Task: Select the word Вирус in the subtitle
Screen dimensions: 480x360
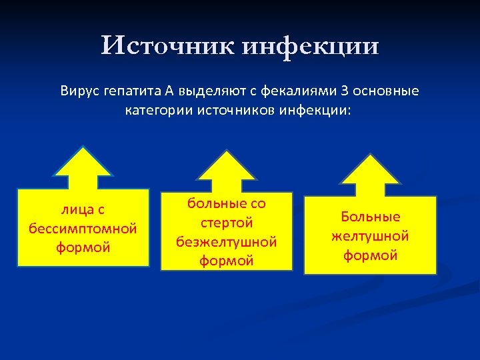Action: pos(80,91)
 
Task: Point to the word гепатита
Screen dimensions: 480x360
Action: pos(129,91)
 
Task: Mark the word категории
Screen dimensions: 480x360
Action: pos(158,109)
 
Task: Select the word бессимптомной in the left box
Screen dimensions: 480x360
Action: pos(83,229)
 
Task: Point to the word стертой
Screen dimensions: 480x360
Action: pos(227,223)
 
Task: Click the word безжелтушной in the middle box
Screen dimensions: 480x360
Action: pos(227,241)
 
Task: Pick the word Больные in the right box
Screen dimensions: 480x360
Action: pos(371,217)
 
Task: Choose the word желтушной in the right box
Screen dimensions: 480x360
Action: pos(370,236)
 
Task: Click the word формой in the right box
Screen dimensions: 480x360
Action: pos(370,255)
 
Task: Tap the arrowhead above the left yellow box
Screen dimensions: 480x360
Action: pos(83,163)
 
